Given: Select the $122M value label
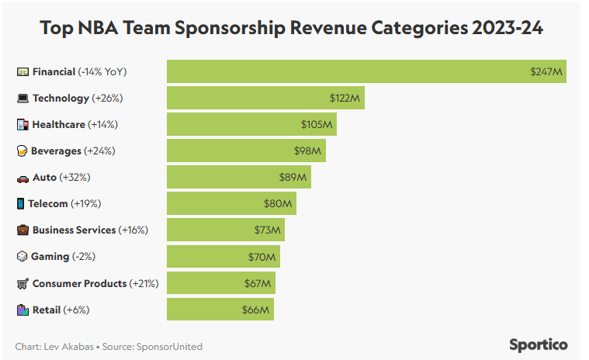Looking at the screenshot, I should pyautogui.click(x=344, y=99).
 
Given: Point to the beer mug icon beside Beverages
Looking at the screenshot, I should pyautogui.click(x=23, y=151).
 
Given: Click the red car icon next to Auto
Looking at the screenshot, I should pyautogui.click(x=23, y=178).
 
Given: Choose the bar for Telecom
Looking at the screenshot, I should pyautogui.click(x=231, y=204).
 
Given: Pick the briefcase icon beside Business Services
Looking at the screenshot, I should pyautogui.click(x=23, y=230).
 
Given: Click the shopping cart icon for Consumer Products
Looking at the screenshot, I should pyautogui.click(x=23, y=283).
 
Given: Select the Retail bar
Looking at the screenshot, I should pyautogui.click(x=220, y=310).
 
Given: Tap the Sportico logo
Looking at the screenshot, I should pyautogui.click(x=539, y=344).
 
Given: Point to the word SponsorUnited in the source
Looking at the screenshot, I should pyautogui.click(x=169, y=347).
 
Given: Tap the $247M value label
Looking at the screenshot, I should pyautogui.click(x=546, y=72).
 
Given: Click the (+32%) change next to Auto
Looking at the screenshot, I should pyautogui.click(x=75, y=178).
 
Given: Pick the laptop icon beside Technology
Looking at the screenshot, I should pyautogui.click(x=23, y=99).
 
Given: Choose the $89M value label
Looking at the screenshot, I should pyautogui.click(x=293, y=178).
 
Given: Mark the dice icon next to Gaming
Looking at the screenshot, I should pyautogui.click(x=23, y=257).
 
